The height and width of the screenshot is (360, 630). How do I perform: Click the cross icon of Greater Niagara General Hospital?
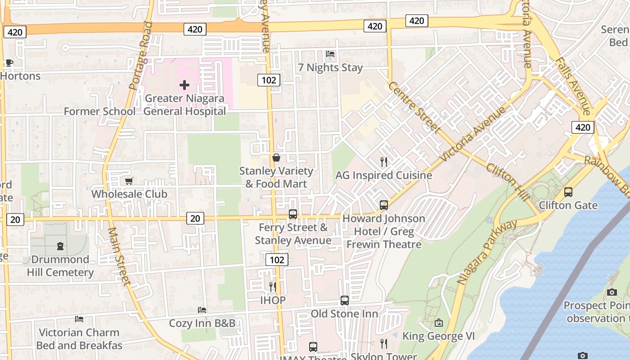click(184, 85)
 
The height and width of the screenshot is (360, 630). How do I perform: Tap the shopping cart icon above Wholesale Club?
click(129, 181)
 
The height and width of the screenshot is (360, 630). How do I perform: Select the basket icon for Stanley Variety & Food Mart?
click(276, 157)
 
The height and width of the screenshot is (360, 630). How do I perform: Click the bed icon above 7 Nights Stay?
click(330, 54)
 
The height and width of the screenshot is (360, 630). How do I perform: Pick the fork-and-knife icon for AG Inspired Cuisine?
click(384, 162)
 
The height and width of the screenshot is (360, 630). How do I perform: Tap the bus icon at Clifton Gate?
click(568, 192)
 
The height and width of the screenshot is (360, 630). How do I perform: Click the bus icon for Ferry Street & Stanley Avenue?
click(293, 214)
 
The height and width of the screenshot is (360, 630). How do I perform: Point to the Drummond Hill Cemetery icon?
click(60, 246)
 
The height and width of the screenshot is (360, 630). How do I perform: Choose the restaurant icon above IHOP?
click(273, 287)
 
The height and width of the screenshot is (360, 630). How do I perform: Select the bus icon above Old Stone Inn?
click(345, 300)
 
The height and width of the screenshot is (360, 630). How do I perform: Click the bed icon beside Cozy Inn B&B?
click(202, 310)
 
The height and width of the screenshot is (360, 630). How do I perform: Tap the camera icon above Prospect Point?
click(612, 292)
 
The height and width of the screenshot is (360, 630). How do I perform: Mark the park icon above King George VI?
click(439, 323)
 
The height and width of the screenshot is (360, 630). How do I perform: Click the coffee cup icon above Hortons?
click(9, 63)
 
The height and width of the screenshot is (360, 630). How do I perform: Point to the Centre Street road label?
click(414, 107)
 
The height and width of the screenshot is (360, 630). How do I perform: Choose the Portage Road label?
click(141, 55)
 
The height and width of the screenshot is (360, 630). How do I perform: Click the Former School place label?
click(99, 111)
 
